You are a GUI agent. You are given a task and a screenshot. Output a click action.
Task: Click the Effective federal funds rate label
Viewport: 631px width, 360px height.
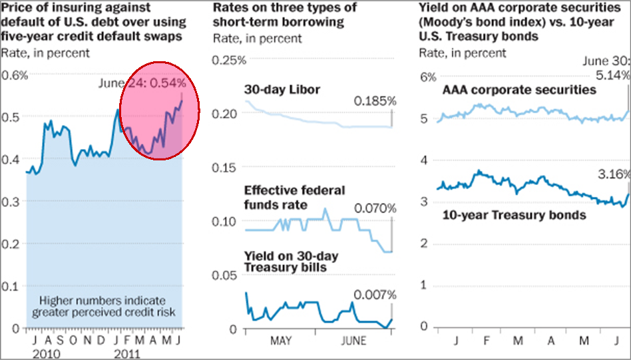295,198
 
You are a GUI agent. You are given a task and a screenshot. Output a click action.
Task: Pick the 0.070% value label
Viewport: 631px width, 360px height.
375,209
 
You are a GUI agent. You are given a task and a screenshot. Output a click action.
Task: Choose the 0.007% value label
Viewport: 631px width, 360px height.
375,294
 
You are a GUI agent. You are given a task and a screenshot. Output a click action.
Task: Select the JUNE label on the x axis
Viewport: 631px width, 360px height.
352,342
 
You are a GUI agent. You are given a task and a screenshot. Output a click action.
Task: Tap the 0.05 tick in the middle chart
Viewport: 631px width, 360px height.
225,275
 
